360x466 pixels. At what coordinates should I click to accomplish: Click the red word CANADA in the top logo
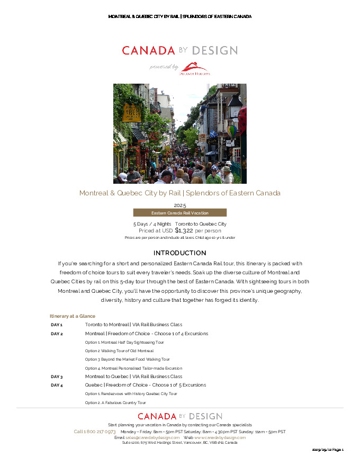[x=148, y=50]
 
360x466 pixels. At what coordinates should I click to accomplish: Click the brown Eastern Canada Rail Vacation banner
[x=179, y=212]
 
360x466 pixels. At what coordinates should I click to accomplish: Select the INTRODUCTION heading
[x=179, y=253]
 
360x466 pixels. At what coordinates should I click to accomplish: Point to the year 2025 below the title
[x=179, y=205]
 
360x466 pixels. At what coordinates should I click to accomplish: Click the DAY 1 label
[x=57, y=325]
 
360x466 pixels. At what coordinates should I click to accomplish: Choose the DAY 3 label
[x=57, y=377]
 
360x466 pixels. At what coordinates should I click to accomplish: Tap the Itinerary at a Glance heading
[x=73, y=316]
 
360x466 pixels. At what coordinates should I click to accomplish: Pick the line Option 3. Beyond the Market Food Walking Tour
[x=127, y=359]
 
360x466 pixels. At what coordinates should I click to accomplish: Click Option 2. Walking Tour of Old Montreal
[x=119, y=351]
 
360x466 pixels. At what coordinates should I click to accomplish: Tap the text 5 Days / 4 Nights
[x=152, y=224]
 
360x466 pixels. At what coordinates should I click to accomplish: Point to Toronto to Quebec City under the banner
[x=201, y=224]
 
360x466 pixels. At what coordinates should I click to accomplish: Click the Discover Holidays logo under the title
[x=194, y=68]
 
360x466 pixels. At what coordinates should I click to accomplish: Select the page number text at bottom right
[x=328, y=450]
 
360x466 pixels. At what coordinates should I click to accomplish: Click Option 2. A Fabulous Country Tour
[x=115, y=402]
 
